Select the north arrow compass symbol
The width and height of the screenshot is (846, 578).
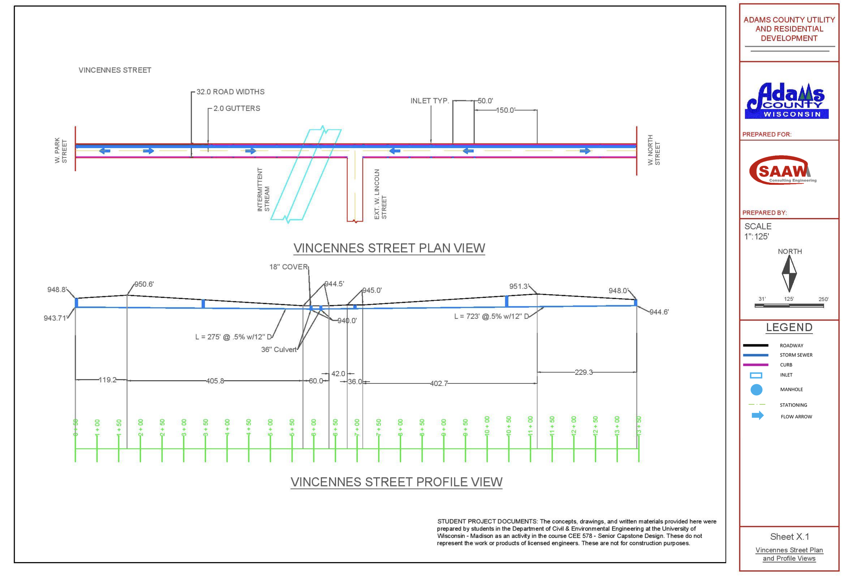(789, 274)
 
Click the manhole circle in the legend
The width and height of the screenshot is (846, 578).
(756, 390)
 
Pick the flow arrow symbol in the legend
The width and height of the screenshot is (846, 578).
(757, 416)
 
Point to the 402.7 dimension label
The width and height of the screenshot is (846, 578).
(439, 383)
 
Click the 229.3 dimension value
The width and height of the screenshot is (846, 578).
(583, 372)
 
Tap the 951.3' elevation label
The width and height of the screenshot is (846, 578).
(519, 286)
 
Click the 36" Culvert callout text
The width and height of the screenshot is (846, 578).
(279, 350)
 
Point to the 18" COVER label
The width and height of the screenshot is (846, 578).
(288, 267)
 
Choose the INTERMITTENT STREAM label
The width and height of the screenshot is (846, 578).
(263, 190)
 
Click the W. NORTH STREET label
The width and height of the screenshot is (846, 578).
(653, 150)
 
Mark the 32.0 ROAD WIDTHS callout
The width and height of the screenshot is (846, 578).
(230, 92)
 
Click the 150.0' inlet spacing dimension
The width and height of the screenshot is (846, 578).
(505, 110)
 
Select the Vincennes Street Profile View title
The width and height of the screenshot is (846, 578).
(396, 482)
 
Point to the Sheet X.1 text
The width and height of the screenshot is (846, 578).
(789, 537)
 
